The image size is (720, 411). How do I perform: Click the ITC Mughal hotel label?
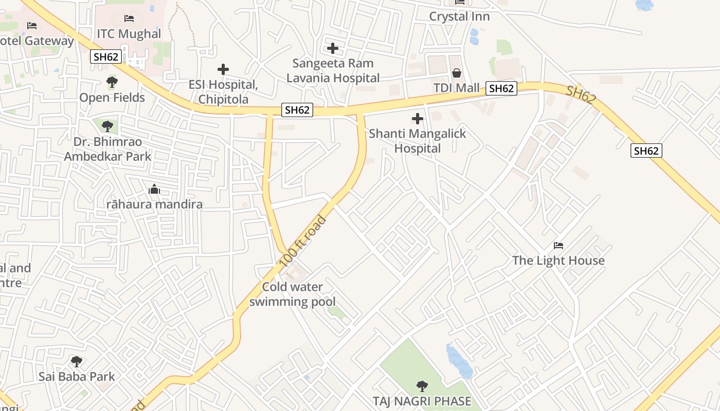129,34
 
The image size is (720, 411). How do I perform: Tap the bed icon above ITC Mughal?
129,18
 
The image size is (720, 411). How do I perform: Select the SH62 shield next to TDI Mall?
501,88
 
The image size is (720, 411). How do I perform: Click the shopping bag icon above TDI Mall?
456,73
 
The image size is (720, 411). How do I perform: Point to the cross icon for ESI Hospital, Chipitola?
223,69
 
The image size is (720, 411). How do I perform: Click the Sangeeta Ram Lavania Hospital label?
333,70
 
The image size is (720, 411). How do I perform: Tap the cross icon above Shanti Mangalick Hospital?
418,119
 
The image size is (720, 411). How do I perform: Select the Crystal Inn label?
459,16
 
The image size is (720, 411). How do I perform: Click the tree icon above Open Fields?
112,82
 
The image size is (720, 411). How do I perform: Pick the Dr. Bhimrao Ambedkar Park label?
107,149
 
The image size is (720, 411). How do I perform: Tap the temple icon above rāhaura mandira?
154,190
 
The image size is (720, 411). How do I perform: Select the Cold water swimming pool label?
293,294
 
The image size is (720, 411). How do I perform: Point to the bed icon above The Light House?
559,246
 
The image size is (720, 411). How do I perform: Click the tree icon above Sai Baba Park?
77,362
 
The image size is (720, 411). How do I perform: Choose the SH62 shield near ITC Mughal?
106,57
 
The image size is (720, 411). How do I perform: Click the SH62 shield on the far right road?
646,151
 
